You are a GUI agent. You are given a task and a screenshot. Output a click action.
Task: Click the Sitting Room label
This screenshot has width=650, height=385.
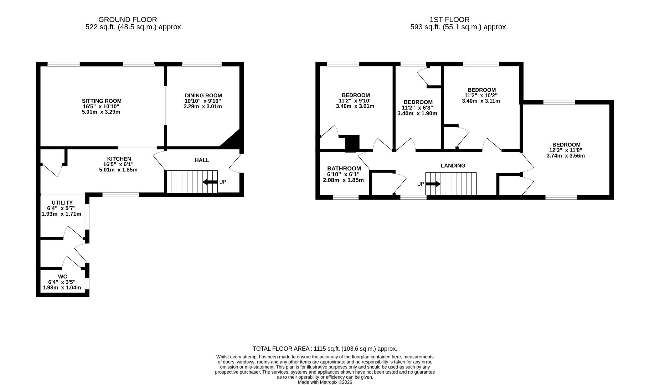point(101,101)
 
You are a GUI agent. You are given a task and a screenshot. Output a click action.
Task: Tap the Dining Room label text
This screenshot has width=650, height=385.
point(203,96)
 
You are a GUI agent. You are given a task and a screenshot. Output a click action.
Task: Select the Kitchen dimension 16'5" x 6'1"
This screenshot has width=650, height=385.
point(118,164)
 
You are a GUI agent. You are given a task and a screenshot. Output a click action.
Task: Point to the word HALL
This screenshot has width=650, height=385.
point(202,160)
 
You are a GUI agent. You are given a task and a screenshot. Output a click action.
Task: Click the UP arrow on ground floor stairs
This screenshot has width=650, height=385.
point(210,182)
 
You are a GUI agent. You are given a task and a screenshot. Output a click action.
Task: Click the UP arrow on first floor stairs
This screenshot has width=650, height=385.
point(433,184)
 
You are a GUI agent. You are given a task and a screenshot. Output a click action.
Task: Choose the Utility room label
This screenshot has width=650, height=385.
point(62,202)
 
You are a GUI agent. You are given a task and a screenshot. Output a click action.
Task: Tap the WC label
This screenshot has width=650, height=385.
point(62,277)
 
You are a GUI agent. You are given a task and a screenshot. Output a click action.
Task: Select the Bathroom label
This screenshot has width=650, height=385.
point(344,169)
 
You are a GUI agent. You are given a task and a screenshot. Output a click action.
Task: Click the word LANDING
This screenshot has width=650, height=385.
point(453,166)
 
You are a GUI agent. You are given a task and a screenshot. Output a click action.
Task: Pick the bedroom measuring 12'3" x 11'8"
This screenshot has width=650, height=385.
point(566,150)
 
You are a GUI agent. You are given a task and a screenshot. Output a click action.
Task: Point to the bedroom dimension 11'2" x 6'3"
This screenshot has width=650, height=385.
point(417,108)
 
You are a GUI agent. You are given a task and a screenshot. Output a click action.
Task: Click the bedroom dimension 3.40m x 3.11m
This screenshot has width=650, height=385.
point(481,101)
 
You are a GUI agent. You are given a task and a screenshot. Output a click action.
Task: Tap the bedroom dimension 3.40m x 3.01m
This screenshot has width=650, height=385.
point(355,106)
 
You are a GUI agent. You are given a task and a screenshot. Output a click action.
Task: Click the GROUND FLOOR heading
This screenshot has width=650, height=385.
point(128,20)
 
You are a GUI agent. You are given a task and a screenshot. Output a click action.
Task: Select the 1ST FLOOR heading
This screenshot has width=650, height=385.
point(449,20)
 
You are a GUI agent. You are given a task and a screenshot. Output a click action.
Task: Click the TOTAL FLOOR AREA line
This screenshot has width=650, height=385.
point(325,349)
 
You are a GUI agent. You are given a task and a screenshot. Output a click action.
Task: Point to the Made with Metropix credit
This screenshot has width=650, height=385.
point(325,382)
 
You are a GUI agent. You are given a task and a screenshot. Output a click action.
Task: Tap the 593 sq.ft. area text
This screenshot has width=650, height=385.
point(459,27)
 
